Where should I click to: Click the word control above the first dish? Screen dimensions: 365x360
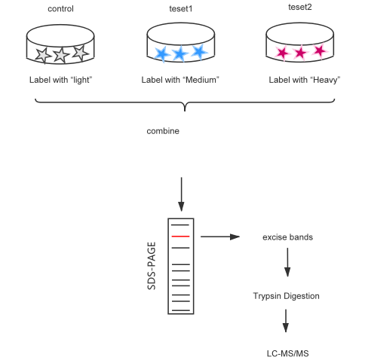[60, 9]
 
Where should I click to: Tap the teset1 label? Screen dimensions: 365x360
[180, 9]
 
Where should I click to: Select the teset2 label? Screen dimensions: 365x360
[300, 7]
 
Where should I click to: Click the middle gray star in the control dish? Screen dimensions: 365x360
[61, 55]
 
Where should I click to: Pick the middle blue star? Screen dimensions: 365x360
[180, 53]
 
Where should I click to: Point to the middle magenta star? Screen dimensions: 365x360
[300, 53]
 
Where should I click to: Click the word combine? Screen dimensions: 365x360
[163, 131]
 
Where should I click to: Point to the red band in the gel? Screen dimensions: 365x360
[180, 236]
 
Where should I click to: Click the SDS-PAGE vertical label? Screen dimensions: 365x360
[152, 266]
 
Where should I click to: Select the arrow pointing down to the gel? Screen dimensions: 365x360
[181, 194]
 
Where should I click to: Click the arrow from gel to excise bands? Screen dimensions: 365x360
[220, 236]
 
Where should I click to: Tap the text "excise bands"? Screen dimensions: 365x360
[288, 237]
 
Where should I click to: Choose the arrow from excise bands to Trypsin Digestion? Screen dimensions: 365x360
[287, 262]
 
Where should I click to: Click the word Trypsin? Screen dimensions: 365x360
[266, 296]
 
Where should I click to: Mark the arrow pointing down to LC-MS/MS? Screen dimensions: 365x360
[286, 321]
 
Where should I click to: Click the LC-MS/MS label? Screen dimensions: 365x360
[288, 353]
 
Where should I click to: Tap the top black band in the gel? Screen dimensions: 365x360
[180, 225]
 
